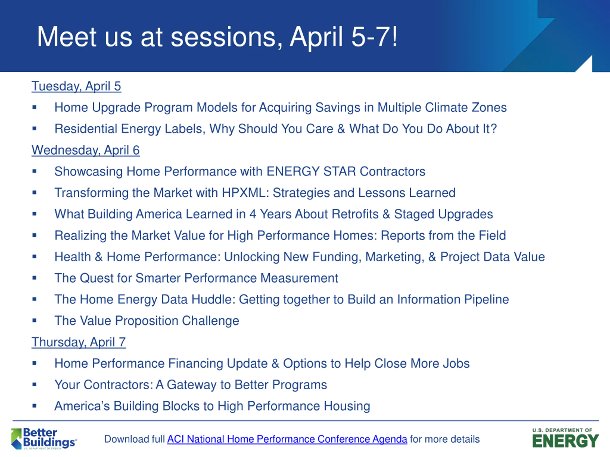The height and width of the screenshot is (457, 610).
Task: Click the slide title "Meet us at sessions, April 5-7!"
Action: tap(217, 37)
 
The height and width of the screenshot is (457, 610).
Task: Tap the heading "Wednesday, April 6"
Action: tap(86, 150)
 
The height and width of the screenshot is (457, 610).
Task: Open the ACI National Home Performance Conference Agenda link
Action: tap(287, 439)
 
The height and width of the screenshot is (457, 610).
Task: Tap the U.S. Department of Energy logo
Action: tap(566, 438)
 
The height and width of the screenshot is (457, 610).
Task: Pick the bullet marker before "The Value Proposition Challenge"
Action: tap(35, 320)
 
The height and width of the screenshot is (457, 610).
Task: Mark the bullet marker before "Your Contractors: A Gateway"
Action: tap(35, 385)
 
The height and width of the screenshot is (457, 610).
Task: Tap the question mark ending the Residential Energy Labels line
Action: tap(493, 129)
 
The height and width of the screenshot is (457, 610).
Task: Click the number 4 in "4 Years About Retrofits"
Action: tap(253, 214)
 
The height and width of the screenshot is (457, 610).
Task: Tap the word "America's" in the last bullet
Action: tap(82, 406)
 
